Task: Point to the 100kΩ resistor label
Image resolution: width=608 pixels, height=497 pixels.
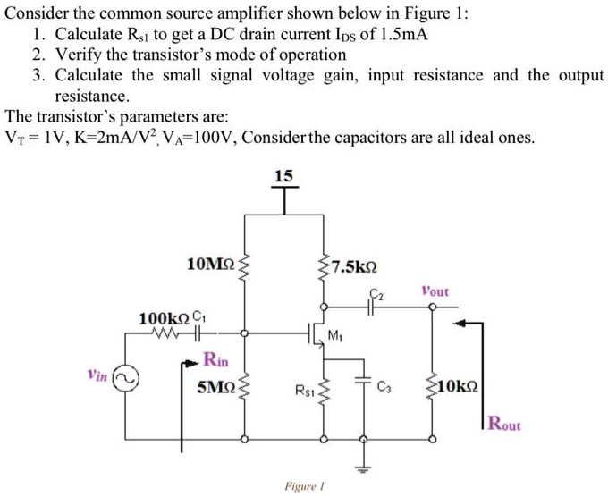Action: click(x=164, y=319)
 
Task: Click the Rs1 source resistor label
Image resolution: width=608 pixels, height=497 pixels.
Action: click(x=302, y=390)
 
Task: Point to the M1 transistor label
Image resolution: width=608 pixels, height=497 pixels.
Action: click(x=335, y=337)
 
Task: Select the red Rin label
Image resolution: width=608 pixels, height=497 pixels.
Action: click(x=215, y=361)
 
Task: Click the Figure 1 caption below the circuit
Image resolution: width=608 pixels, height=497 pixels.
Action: click(x=302, y=486)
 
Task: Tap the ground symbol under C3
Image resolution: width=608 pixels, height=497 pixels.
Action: click(x=364, y=467)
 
